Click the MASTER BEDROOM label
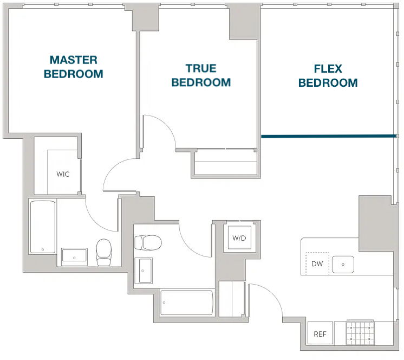click(74, 67)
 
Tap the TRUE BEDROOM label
click(201, 75)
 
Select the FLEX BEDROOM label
click(328, 76)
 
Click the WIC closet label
click(63, 174)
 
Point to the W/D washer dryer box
click(239, 238)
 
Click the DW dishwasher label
click(317, 264)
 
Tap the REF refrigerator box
click(320, 333)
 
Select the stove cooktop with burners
click(360, 333)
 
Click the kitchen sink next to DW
click(343, 265)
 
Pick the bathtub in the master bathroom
click(43, 227)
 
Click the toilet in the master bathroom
click(103, 252)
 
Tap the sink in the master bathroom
click(74, 257)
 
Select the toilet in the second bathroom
click(148, 242)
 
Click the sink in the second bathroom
click(144, 271)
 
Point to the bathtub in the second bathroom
click(187, 303)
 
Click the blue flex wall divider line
click(329, 136)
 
